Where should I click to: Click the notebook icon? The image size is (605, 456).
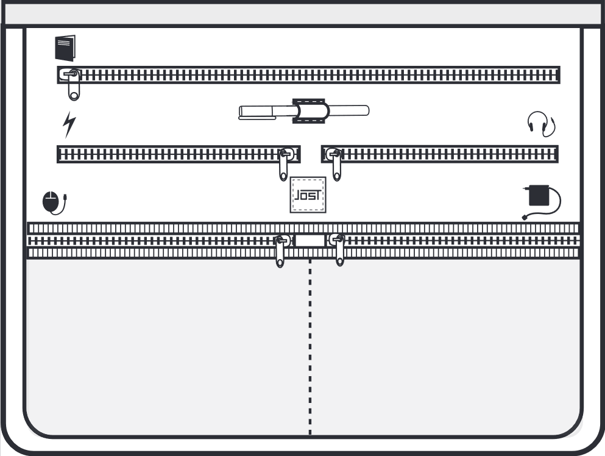pyautogui.click(x=65, y=48)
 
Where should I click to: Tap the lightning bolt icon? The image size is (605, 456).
pyautogui.click(x=69, y=124)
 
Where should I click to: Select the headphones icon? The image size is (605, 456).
pyautogui.click(x=542, y=124)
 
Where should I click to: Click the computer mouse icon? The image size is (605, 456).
pyautogui.click(x=54, y=203)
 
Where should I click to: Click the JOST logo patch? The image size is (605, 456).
pyautogui.click(x=308, y=194)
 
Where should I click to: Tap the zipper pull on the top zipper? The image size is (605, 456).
pyautogui.click(x=73, y=84)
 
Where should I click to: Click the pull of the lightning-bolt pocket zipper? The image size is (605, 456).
pyautogui.click(x=285, y=164)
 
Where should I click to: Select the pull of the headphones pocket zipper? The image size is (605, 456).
pyautogui.click(x=336, y=164)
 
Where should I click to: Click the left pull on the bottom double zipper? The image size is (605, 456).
pyautogui.click(x=281, y=251)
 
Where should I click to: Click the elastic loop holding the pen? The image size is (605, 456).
pyautogui.click(x=309, y=111)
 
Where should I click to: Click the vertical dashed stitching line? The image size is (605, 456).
pyautogui.click(x=310, y=347)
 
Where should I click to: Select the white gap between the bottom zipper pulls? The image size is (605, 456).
pyautogui.click(x=310, y=241)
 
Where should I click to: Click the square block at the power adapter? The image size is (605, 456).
pyautogui.click(x=539, y=195)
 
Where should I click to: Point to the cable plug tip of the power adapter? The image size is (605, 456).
pyautogui.click(x=525, y=218)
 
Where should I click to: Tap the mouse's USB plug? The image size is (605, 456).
pyautogui.click(x=66, y=197)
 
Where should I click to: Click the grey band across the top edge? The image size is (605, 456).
pyautogui.click(x=302, y=15)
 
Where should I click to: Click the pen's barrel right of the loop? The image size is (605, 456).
pyautogui.click(x=349, y=111)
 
